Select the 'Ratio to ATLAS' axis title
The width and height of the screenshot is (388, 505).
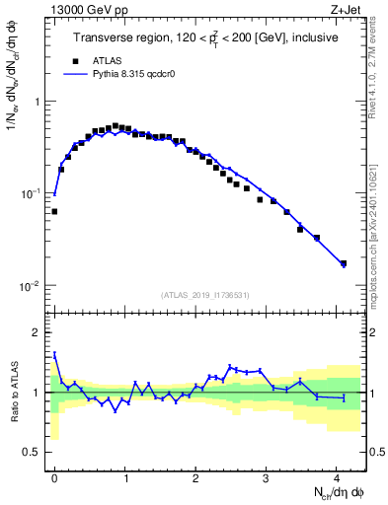point(13,393)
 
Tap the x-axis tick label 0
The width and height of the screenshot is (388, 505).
point(55,475)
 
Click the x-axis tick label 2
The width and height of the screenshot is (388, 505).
point(196,475)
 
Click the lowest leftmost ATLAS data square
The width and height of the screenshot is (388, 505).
point(55,211)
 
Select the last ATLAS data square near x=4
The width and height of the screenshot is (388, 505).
point(344,263)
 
